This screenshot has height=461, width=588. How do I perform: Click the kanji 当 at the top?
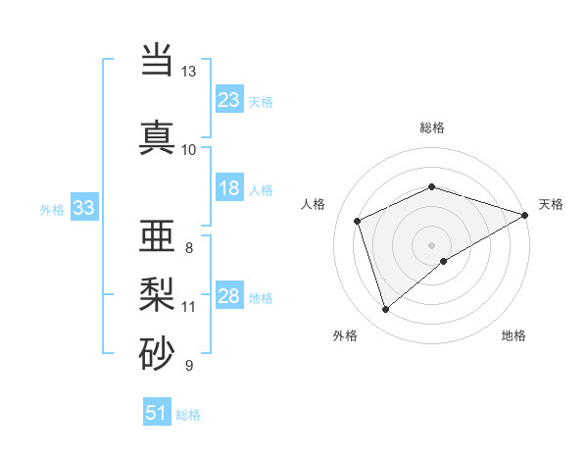[x=158, y=61]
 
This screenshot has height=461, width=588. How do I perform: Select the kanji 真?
[x=158, y=136]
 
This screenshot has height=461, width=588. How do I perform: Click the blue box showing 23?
[x=229, y=100]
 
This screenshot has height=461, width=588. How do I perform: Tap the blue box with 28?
[x=229, y=296]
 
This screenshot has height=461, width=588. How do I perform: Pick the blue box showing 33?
[x=83, y=208]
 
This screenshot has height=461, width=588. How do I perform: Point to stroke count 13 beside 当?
[x=188, y=72]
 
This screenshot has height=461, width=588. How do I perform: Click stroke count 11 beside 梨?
[x=188, y=306]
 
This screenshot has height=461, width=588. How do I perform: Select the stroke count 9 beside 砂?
[x=188, y=366]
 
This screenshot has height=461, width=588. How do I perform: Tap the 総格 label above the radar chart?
[x=432, y=128]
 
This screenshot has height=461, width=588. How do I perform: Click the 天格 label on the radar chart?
[x=551, y=204]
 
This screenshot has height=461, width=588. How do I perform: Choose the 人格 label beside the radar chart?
[x=314, y=204]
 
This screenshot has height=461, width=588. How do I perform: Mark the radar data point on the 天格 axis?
[x=526, y=214]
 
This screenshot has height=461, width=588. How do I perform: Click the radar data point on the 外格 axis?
[x=385, y=310]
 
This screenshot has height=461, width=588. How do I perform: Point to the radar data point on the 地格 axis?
[x=444, y=261]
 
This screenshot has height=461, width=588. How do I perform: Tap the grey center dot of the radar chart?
[x=432, y=244]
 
